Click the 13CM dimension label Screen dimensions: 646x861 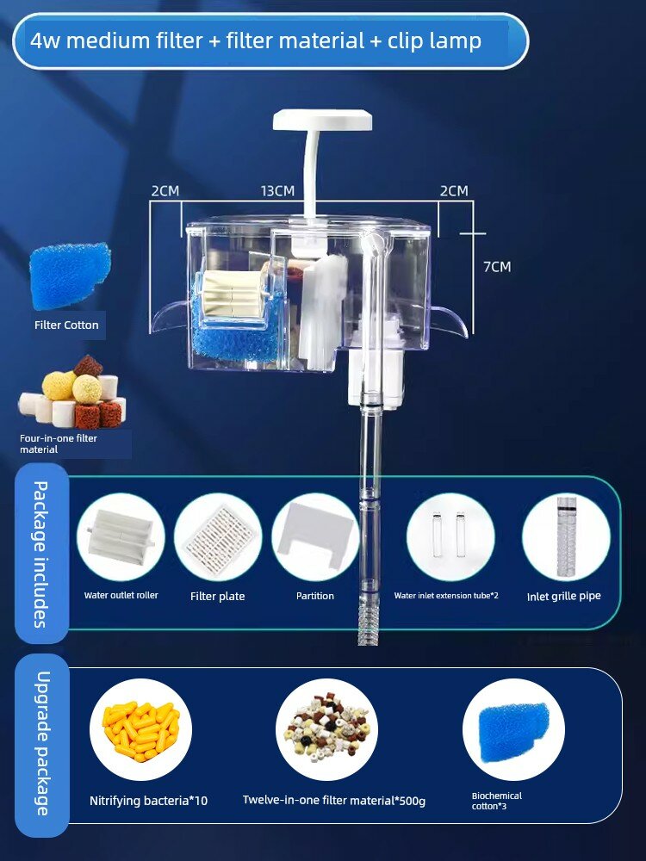pyautogui.click(x=277, y=190)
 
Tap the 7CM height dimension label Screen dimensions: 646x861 pyautogui.click(x=497, y=267)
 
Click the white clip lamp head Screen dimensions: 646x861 pyautogui.click(x=323, y=120)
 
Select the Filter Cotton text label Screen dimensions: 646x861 pyautogui.click(x=66, y=325)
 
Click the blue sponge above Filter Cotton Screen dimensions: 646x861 pyautogui.click(x=70, y=276)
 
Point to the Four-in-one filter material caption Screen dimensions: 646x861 pyautogui.click(x=59, y=443)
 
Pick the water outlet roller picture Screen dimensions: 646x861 pyautogui.click(x=121, y=536)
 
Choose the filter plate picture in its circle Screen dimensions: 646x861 pyautogui.click(x=218, y=536)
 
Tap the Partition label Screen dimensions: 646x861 pyautogui.click(x=314, y=596)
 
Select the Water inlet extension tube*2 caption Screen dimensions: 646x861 pyautogui.click(x=446, y=595)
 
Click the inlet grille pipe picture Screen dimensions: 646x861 pyautogui.click(x=567, y=536)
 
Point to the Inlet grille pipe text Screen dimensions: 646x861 pyautogui.click(x=563, y=597)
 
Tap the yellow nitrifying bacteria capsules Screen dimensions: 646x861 pyautogui.click(x=141, y=731)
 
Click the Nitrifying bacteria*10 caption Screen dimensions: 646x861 pyautogui.click(x=148, y=801)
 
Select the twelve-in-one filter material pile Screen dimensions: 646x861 pyautogui.click(x=326, y=728)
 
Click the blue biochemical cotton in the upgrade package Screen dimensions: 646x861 pyautogui.click(x=513, y=732)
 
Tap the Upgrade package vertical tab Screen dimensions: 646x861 pyautogui.click(x=41, y=744)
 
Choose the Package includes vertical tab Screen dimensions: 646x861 pyautogui.click(x=41, y=554)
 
